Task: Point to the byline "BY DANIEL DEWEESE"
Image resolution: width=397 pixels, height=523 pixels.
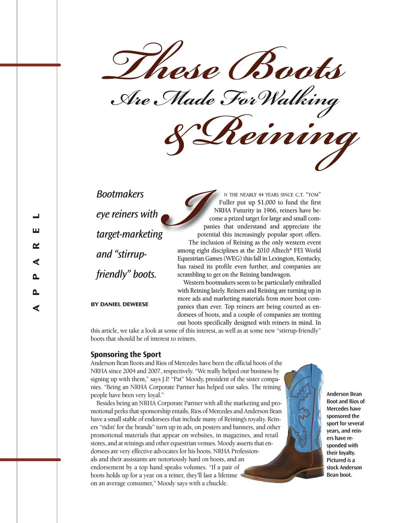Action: pos(120,304)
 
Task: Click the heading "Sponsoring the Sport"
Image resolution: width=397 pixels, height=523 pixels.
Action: pos(126,354)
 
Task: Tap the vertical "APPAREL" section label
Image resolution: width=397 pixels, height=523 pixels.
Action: pos(36,262)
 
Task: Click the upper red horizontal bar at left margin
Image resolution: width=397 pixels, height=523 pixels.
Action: pos(30,65)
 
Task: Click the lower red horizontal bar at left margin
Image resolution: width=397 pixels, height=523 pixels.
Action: pos(30,459)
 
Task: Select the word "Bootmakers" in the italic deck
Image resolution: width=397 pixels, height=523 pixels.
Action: pos(120,194)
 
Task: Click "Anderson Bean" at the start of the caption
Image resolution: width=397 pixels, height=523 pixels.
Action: pos(344,394)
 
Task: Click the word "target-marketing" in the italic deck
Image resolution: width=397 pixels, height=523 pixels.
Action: pos(129,234)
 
